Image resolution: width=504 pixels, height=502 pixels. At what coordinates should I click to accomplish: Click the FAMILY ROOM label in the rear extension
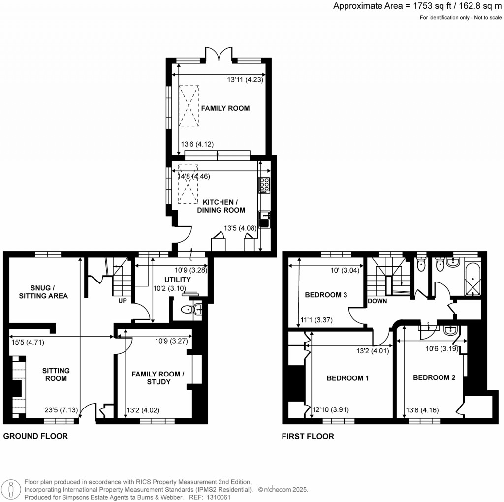coord(224,108)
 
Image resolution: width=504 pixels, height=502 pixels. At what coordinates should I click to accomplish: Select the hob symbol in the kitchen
coord(264,184)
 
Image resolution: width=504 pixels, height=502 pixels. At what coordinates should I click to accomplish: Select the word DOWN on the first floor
coord(377,301)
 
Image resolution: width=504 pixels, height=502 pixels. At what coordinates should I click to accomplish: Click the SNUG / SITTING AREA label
coord(43,291)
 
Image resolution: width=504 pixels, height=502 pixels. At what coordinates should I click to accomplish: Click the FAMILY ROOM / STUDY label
coord(157,378)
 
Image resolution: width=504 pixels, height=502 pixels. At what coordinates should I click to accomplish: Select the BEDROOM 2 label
coord(434,377)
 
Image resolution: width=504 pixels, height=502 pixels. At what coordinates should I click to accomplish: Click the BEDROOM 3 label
coord(326,295)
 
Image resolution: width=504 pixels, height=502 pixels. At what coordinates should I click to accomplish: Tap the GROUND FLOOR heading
coord(35,436)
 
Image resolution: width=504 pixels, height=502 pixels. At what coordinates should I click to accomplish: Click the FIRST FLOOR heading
coord(308,436)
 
